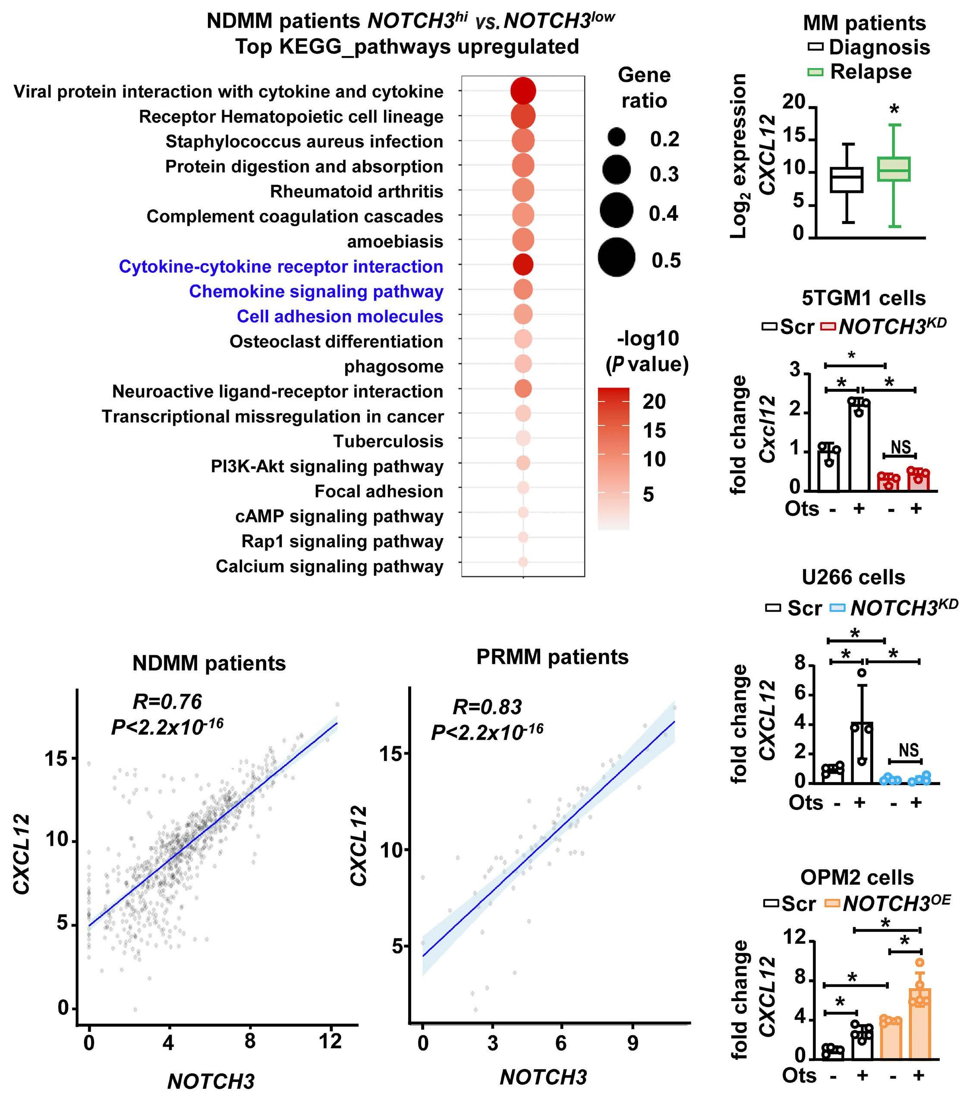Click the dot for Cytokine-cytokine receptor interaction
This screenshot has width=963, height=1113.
(x=523, y=265)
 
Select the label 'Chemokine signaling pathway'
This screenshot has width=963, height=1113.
(x=316, y=291)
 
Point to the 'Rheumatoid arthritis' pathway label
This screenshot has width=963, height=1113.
(x=356, y=191)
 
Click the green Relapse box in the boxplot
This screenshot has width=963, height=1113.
(x=894, y=169)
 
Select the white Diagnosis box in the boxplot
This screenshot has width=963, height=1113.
(x=847, y=180)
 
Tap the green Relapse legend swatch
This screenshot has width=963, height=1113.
(x=815, y=72)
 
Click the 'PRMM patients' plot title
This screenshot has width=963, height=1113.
(x=552, y=657)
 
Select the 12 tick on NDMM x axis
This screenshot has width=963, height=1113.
(x=330, y=1041)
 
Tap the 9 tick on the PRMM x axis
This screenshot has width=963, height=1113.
(x=633, y=1043)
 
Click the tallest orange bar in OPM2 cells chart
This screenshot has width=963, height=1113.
(x=919, y=1032)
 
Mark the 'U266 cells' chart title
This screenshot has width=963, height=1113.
(x=853, y=577)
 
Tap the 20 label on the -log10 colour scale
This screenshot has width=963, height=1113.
(x=654, y=401)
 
